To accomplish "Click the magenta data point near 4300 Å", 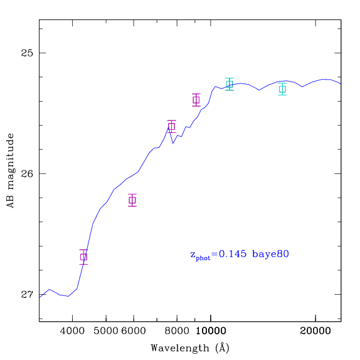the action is pyautogui.click(x=83, y=257).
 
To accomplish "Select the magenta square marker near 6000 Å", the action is pyautogui.click(x=132, y=200).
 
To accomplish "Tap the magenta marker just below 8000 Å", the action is pyautogui.click(x=171, y=126).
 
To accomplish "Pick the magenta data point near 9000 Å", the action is pyautogui.click(x=196, y=100).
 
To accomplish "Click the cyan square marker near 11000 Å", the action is pyautogui.click(x=230, y=84).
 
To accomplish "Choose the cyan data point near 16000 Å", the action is pyautogui.click(x=283, y=89).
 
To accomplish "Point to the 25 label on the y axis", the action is pyautogui.click(x=27, y=53).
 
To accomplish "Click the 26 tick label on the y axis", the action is pyautogui.click(x=27, y=174).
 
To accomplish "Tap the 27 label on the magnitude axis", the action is pyautogui.click(x=27, y=294).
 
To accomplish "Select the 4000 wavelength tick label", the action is pyautogui.click(x=72, y=331).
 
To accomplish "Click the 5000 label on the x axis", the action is pyautogui.click(x=106, y=331).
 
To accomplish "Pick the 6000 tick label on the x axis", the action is pyautogui.click(x=134, y=331).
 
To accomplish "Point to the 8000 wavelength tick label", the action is pyautogui.click(x=177, y=331).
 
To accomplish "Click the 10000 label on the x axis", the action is pyautogui.click(x=211, y=331).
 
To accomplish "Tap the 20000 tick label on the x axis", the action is pyautogui.click(x=315, y=331).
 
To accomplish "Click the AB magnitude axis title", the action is pyautogui.click(x=10, y=171).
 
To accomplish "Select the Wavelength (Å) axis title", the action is pyautogui.click(x=190, y=348).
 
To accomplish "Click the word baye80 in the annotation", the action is pyautogui.click(x=270, y=254).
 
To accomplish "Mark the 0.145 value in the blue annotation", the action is pyautogui.click(x=233, y=254).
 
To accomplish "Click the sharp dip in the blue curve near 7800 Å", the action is pyautogui.click(x=173, y=143).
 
